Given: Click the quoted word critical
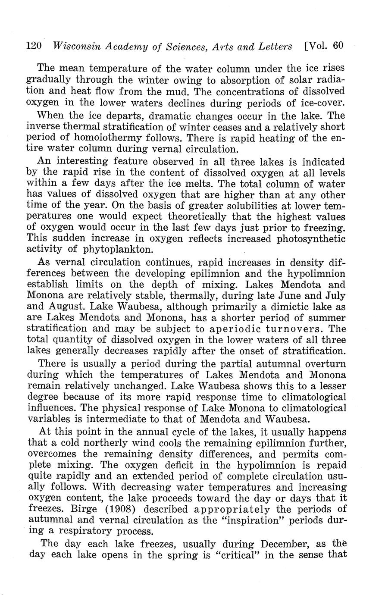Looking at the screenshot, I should pos(238,554).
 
